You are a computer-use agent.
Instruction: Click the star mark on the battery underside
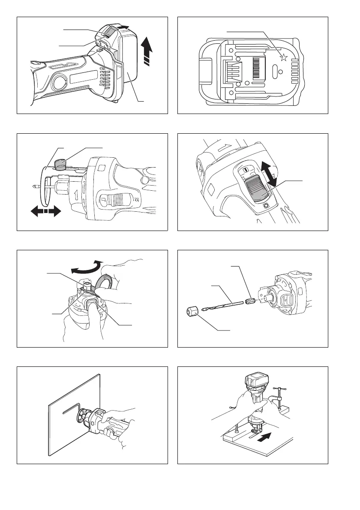(x=283, y=59)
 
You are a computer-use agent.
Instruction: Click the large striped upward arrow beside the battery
(x=147, y=51)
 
